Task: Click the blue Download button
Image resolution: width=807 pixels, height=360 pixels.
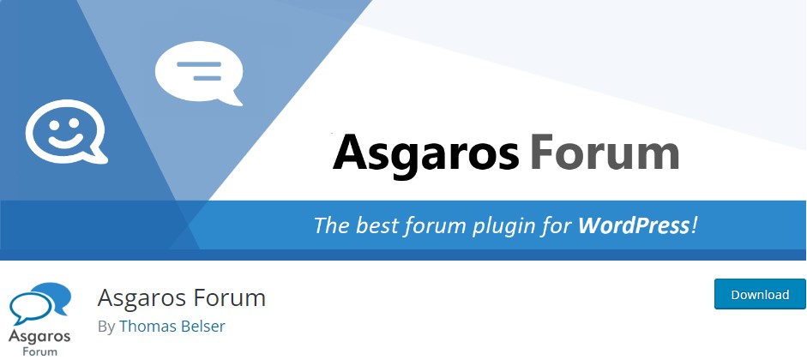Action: click(x=760, y=294)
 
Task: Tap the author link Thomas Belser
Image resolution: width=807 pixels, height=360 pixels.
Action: click(x=172, y=326)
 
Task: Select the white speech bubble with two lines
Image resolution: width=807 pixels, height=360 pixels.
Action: click(x=199, y=73)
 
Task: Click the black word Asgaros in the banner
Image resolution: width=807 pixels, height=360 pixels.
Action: click(x=425, y=153)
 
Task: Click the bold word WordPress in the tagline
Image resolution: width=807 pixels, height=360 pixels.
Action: click(x=634, y=225)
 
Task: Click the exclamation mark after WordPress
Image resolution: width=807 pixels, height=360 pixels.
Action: click(x=695, y=225)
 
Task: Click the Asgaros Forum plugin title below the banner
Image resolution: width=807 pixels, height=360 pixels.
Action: click(x=181, y=297)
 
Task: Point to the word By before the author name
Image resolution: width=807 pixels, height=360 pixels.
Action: click(x=106, y=327)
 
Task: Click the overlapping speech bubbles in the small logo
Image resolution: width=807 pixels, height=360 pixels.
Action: click(x=39, y=303)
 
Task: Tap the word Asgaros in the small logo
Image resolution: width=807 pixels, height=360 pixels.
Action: click(x=39, y=338)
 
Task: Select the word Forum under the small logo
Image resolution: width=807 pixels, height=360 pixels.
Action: click(x=40, y=352)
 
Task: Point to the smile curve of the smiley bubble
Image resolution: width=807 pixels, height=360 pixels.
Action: click(x=66, y=141)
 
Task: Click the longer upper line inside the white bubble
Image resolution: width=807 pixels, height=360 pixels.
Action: click(x=199, y=65)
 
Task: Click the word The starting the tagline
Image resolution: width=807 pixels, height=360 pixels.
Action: click(x=332, y=225)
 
